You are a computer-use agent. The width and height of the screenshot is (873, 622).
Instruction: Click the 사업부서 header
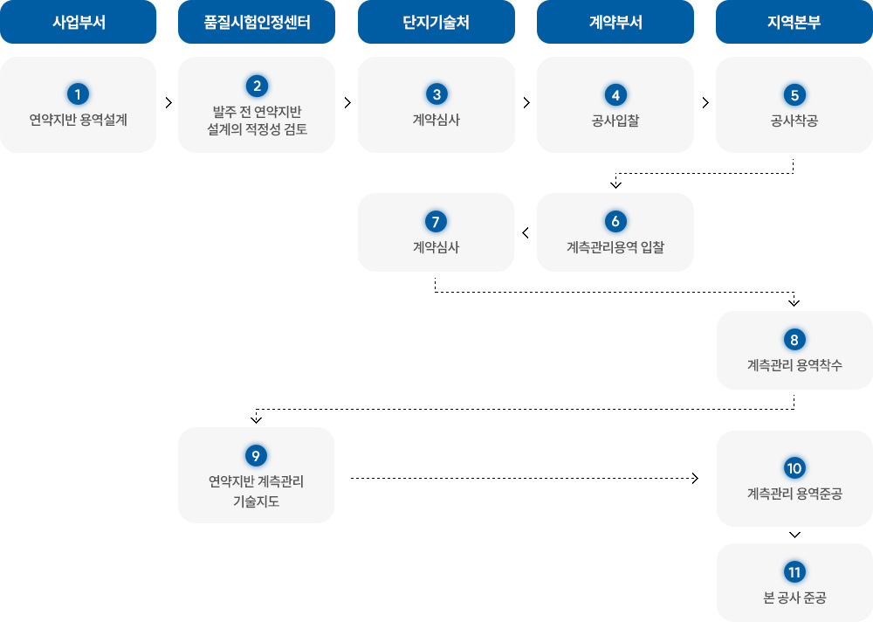79,22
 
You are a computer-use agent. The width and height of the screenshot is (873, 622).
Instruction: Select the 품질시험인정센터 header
257,22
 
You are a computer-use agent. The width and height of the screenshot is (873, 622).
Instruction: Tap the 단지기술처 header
436,22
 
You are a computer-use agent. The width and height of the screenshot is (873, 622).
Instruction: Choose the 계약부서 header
615,22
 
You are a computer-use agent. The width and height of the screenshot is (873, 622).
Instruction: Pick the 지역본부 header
794,22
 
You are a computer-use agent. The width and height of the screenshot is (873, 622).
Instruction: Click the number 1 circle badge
79,93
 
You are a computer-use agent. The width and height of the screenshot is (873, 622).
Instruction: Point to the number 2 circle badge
257,86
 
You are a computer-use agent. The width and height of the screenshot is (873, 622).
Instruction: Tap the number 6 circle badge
615,221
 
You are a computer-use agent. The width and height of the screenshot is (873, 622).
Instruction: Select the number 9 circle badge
257,455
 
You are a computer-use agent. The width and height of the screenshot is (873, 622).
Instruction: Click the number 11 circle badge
794,572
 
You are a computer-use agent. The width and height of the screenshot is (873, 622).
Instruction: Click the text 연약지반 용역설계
79,120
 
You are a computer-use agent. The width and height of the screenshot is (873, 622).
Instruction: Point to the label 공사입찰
615,120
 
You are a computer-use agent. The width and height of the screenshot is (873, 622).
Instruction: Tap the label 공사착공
794,120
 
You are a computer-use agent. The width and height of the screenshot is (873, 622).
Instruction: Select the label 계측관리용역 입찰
615,247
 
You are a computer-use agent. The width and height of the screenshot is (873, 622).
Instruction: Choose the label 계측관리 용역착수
794,365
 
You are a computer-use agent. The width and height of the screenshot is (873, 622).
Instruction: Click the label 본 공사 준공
794,598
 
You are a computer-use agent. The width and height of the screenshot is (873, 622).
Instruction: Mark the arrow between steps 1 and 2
168,103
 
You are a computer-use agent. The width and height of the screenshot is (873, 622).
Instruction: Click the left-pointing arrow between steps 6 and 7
526,232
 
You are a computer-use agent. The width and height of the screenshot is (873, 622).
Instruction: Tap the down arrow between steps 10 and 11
794,535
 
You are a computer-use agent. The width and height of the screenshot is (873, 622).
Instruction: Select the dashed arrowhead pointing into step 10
695,479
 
